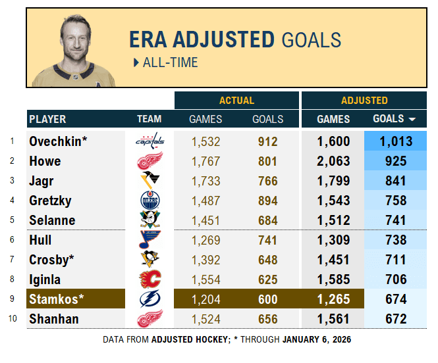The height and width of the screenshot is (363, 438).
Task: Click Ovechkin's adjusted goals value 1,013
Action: tap(396, 141)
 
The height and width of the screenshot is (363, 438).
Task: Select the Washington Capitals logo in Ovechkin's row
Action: tap(150, 141)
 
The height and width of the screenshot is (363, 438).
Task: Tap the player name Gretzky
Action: tap(50, 201)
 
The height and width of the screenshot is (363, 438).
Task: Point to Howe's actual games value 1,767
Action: tap(205, 161)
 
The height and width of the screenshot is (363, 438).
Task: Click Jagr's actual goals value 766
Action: tap(268, 181)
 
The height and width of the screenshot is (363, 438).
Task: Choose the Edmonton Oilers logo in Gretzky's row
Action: tap(150, 201)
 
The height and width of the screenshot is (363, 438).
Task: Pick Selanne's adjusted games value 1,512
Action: tap(333, 220)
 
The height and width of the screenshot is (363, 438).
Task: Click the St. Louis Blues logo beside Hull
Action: tap(150, 240)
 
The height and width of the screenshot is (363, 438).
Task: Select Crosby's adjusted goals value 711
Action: tap(396, 260)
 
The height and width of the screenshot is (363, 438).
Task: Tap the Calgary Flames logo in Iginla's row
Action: tap(150, 279)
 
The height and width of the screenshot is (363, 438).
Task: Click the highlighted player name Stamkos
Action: tap(57, 299)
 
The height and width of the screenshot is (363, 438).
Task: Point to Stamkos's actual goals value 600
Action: tap(268, 299)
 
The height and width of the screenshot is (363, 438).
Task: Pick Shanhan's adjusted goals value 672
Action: tap(396, 319)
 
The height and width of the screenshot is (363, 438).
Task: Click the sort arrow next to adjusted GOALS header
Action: tap(412, 120)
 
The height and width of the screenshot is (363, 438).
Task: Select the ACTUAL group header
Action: tap(236, 101)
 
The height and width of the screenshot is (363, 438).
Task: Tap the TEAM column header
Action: tap(150, 119)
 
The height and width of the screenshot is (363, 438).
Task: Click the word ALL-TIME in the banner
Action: tap(170, 62)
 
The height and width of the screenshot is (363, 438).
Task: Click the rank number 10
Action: tap(11, 320)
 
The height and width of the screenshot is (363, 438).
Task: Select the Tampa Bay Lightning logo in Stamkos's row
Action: tap(150, 299)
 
